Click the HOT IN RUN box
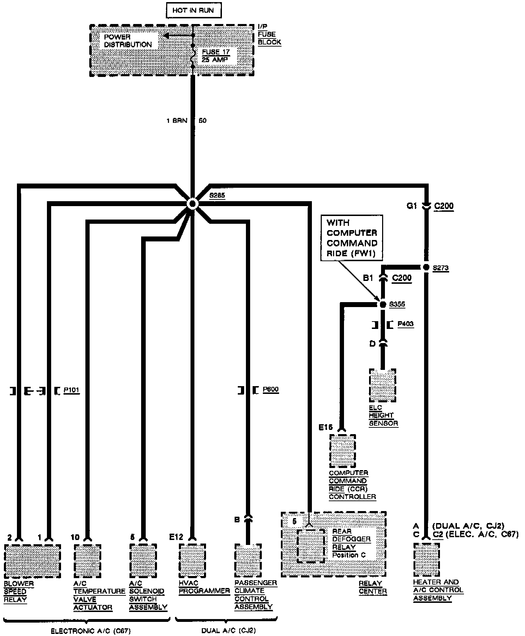(193, 11)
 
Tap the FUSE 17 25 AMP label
(216, 56)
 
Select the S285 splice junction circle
(192, 204)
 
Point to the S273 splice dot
(426, 267)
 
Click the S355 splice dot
(383, 304)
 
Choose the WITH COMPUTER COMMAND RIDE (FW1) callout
(352, 238)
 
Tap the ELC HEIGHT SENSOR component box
(382, 385)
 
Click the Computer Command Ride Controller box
(343, 451)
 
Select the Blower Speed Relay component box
(32, 561)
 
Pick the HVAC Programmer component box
(192, 560)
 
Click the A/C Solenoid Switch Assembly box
(143, 560)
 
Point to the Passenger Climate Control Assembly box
(248, 560)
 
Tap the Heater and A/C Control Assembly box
(427, 559)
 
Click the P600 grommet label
(271, 390)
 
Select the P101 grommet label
(71, 390)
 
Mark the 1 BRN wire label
(177, 121)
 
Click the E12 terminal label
(176, 537)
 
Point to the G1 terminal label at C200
(412, 206)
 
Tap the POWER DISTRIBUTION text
(128, 41)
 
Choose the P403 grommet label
(405, 324)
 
